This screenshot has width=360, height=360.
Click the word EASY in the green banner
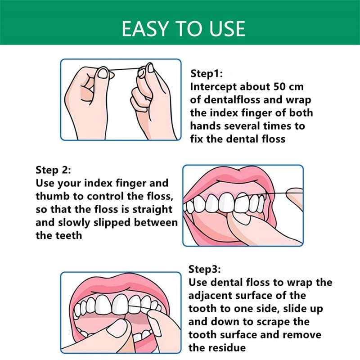click(x=144, y=29)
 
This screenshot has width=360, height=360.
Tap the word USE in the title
click(x=227, y=29)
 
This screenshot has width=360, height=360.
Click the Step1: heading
click(x=207, y=74)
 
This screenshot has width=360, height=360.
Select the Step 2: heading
click(x=53, y=170)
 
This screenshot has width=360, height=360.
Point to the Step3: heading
click(x=205, y=269)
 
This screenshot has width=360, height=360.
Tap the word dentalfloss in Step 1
click(x=232, y=100)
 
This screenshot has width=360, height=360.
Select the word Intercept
click(x=213, y=87)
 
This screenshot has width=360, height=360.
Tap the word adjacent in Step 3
click(x=208, y=296)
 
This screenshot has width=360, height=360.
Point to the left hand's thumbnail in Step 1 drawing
click(x=103, y=74)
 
